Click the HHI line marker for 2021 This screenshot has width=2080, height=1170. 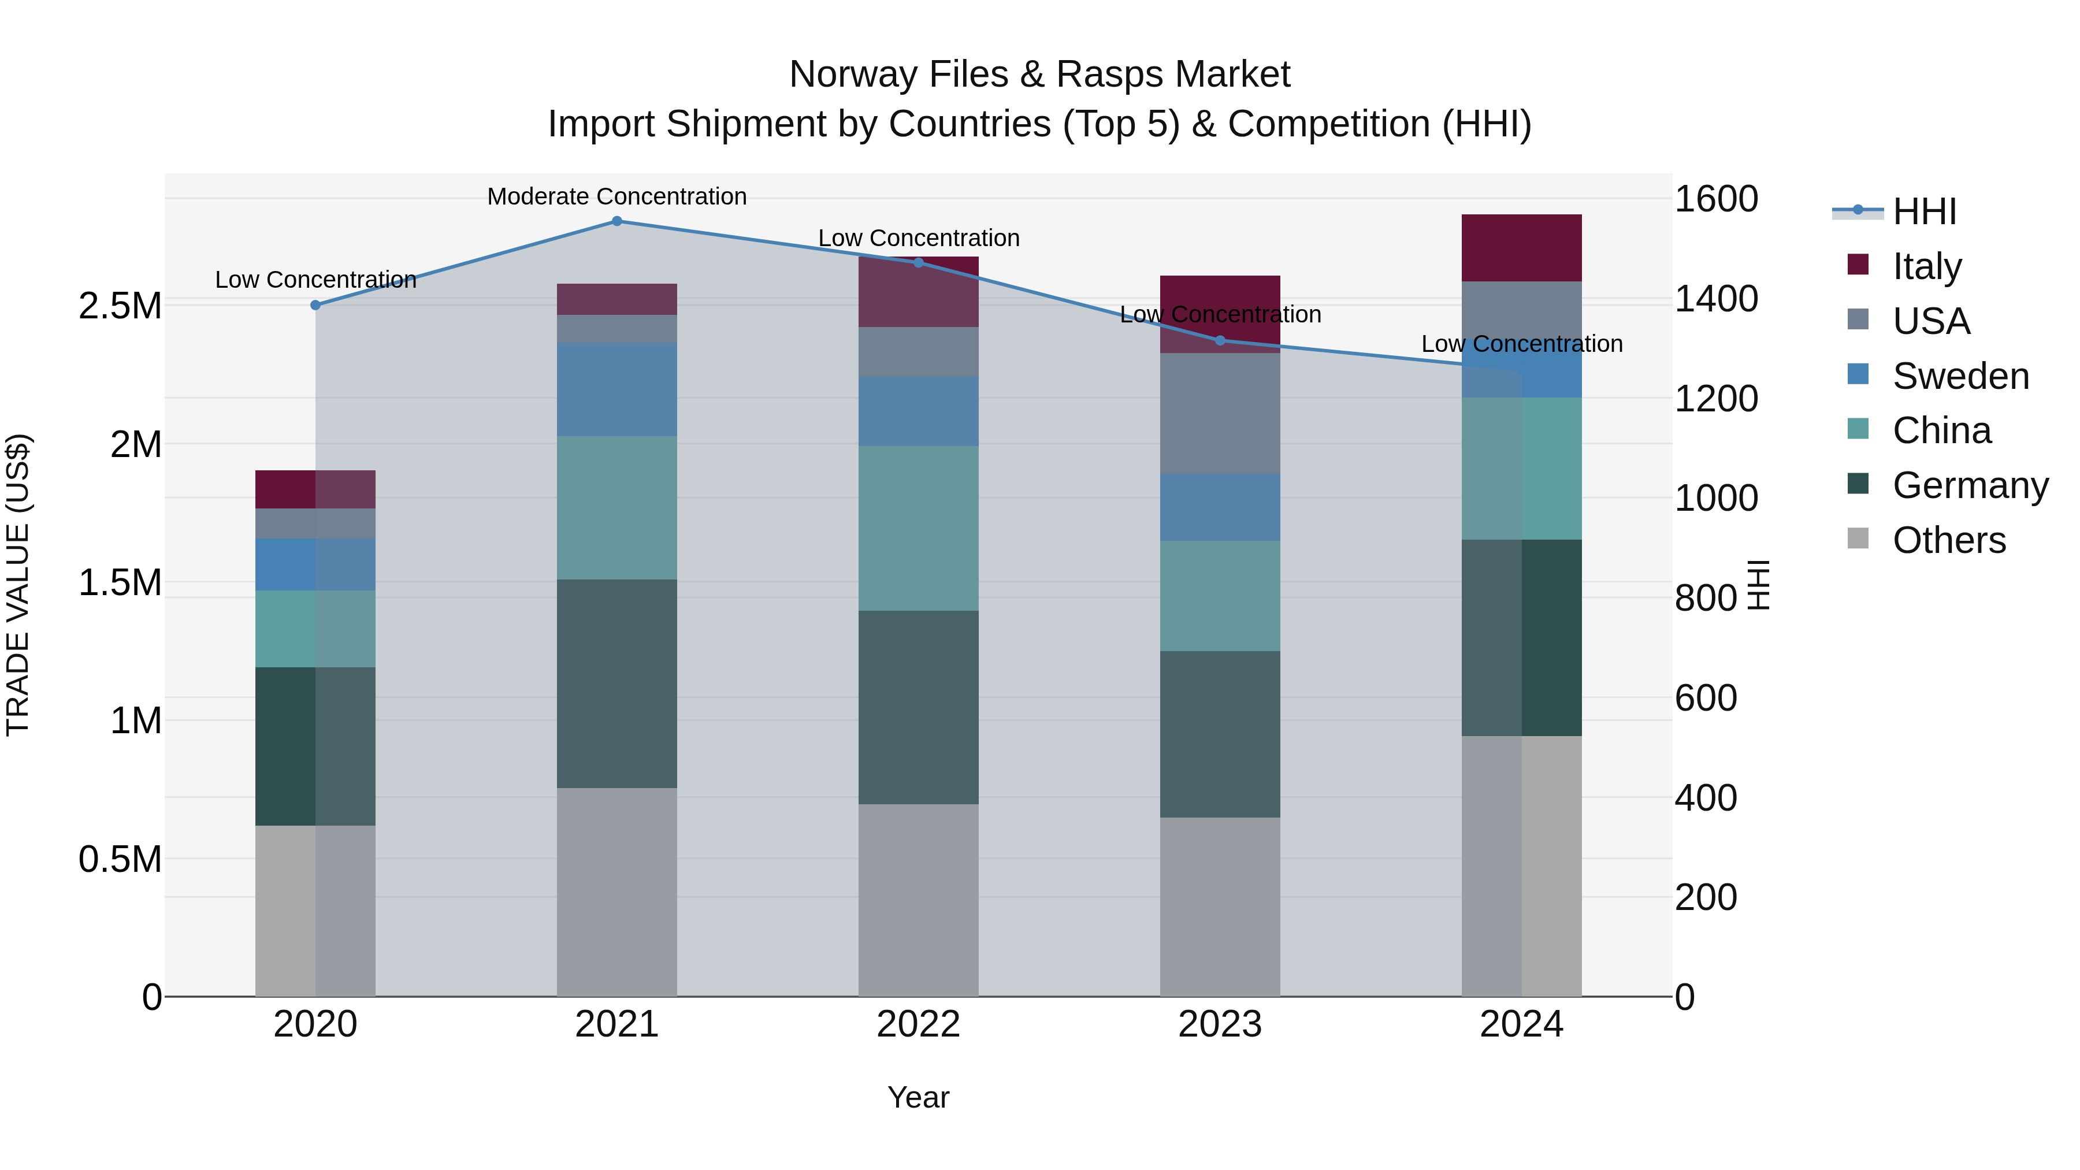617,221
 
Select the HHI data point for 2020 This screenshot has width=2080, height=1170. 315,305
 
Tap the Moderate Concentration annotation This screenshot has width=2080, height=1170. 617,196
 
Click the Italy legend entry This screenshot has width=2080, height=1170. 1926,266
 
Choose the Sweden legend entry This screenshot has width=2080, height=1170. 1960,376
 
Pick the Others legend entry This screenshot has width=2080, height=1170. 1948,540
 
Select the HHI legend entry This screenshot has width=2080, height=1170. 1924,211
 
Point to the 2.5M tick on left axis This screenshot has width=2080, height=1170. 120,306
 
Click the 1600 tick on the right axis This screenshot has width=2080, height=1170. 1716,199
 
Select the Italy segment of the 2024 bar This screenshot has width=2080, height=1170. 1521,248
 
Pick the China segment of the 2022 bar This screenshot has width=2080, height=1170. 918,528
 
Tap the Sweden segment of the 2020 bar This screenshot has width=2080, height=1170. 315,564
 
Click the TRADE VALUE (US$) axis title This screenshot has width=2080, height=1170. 18,585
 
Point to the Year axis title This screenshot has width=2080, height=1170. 918,1097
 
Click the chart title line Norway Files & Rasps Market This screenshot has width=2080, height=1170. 1039,75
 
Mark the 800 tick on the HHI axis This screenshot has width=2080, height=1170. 1706,599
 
